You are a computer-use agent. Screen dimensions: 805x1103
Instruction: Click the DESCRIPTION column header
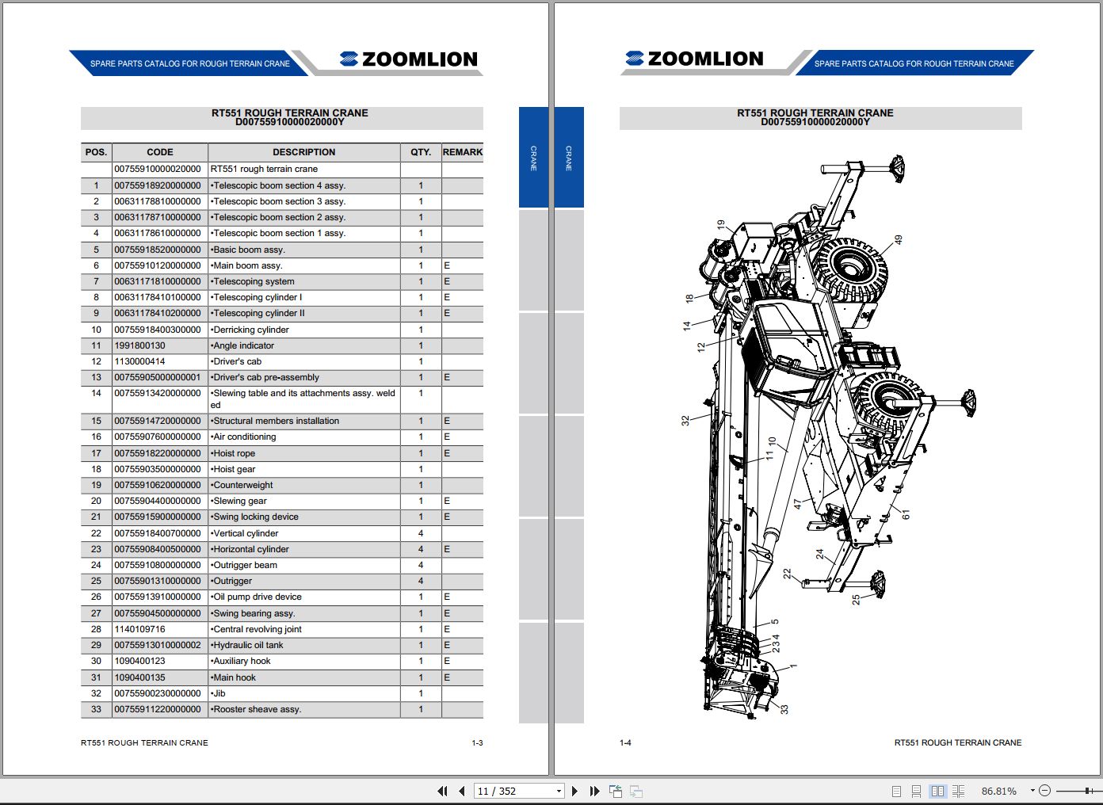click(x=303, y=152)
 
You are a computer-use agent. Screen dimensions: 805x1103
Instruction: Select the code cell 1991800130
click(x=140, y=345)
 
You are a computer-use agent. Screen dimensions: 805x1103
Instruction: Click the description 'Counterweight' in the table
click(x=243, y=485)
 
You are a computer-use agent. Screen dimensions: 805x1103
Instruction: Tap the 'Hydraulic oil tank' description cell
click(x=248, y=645)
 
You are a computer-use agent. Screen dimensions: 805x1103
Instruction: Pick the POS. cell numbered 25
click(x=96, y=581)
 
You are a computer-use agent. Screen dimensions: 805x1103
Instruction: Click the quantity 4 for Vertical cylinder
click(x=421, y=533)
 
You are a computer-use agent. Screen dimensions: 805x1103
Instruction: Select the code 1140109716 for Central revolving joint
click(x=140, y=629)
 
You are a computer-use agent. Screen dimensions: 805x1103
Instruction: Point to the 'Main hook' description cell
click(x=235, y=677)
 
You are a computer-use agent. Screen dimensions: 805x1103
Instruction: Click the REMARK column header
click(x=462, y=152)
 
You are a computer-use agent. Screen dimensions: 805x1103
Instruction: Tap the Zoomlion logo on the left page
click(x=409, y=59)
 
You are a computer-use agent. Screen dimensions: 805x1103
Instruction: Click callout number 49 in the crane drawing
click(x=898, y=239)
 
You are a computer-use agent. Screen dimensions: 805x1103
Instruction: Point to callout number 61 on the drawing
click(x=906, y=515)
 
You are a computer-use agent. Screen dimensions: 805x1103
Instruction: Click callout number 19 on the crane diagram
click(x=720, y=225)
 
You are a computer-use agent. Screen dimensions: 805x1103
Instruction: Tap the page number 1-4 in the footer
click(x=625, y=742)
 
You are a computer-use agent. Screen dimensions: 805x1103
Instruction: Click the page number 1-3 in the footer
click(x=477, y=742)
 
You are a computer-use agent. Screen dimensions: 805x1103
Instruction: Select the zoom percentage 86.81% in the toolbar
click(x=998, y=791)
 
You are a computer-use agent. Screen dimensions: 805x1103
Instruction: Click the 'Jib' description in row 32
click(x=219, y=693)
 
